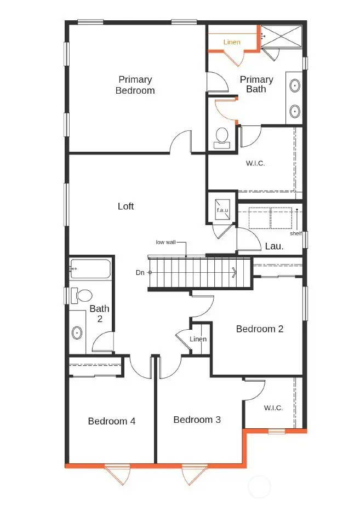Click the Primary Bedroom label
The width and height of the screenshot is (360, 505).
point(135,85)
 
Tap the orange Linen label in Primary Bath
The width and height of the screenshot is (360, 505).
point(232,42)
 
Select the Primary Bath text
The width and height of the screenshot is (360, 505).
point(256,84)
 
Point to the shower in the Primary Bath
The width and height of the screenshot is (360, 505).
point(281,37)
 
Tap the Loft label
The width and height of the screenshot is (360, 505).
point(125,206)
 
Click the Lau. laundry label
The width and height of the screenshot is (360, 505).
point(275,246)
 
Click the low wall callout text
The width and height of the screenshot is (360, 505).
point(166,242)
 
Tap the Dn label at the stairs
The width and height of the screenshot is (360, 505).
point(140,272)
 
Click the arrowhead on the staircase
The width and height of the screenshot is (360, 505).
point(235,272)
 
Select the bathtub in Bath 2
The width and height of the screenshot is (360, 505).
point(90,269)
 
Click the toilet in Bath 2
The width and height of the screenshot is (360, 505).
point(82,296)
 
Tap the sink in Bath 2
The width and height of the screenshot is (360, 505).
point(77,332)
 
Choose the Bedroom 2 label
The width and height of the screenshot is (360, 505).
point(259,329)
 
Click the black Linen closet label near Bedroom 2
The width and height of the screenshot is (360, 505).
point(198,339)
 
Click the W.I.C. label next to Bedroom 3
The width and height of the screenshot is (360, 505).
point(272,408)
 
